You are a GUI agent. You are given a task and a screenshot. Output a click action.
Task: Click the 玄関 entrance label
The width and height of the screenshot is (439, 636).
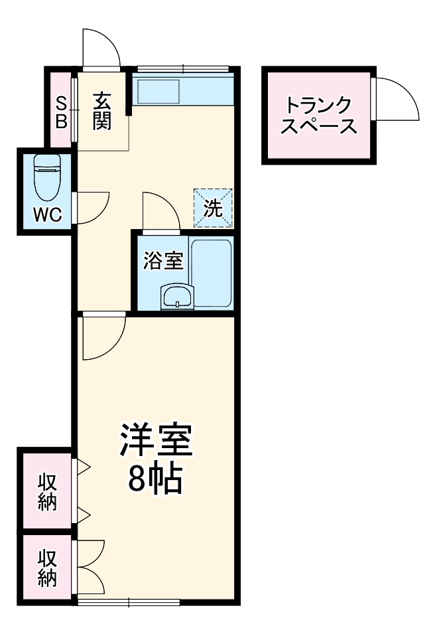point(101,111)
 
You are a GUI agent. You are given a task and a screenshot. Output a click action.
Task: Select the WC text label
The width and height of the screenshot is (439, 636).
point(48,214)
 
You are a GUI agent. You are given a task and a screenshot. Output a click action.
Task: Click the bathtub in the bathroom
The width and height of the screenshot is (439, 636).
point(211,272)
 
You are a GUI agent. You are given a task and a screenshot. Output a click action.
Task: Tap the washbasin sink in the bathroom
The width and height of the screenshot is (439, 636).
point(177,296)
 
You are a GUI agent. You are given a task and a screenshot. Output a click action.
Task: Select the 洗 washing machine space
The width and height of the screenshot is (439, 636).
point(213,208)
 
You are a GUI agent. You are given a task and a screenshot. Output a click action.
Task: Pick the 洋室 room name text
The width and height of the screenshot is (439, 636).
point(156,440)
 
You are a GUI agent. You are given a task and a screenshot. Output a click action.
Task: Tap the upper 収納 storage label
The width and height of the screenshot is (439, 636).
point(46,491)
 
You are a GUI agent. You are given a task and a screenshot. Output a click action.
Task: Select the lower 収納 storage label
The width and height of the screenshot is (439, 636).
point(46,568)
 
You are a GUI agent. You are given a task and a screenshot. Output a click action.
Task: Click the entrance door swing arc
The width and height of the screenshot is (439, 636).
point(101,48)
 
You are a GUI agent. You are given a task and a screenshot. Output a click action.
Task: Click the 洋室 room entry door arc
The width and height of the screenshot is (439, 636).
point(101,336)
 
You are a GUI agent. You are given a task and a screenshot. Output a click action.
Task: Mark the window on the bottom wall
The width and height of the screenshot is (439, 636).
point(129,601)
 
